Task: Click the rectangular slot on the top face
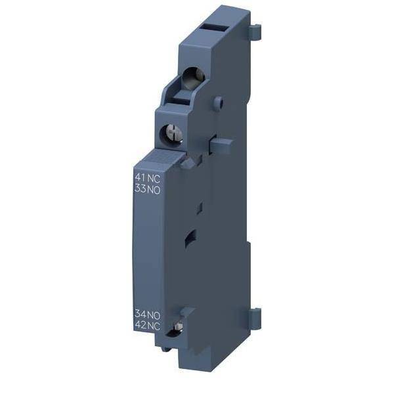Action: click(x=214, y=28)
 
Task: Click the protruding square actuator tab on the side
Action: click(x=221, y=145)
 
